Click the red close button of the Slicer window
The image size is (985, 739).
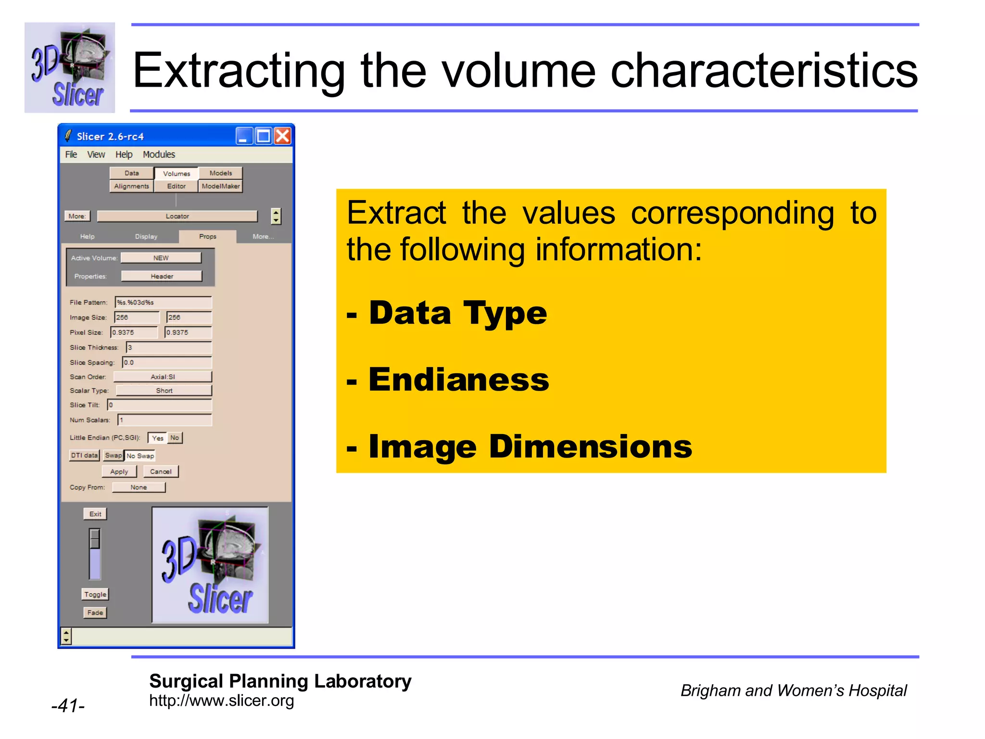coord(283,136)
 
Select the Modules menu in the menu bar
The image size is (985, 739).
coord(159,154)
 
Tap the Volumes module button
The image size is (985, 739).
coord(177,173)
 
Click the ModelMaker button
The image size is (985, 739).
coord(220,186)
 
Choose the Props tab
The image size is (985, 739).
coord(208,236)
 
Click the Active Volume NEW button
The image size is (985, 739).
coord(161,258)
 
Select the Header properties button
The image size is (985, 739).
coord(162,276)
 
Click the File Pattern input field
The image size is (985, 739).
coord(164,302)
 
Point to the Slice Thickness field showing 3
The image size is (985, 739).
coord(168,347)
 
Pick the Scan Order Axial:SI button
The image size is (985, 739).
coord(163,377)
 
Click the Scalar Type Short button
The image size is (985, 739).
coord(164,391)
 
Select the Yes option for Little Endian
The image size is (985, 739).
coord(157,438)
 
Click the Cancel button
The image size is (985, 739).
coord(161,471)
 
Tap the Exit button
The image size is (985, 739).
coord(95,514)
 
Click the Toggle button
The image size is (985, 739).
coord(95,594)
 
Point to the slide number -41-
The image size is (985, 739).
coord(68,706)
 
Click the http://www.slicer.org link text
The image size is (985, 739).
coord(221,701)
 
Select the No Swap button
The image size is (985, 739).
coord(140,456)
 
